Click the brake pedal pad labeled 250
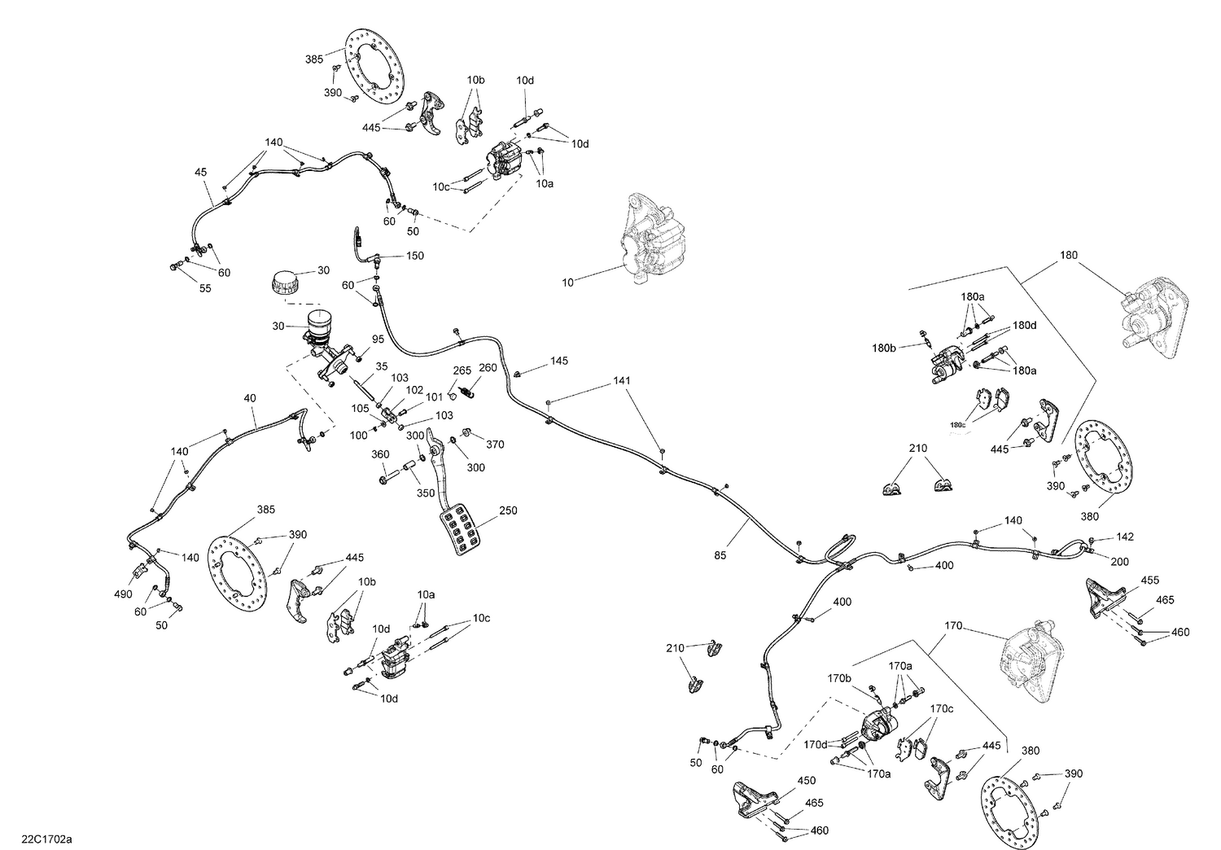(462, 530)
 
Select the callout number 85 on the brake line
(720, 556)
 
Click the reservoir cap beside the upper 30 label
(284, 283)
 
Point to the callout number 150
(414, 256)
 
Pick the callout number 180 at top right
(1068, 255)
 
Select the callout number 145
(559, 360)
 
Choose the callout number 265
(462, 370)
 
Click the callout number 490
(122, 594)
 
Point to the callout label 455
(1149, 580)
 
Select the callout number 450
(806, 781)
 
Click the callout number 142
(1124, 537)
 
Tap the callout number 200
(1121, 562)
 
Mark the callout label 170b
(840, 677)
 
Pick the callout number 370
(495, 445)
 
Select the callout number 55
(205, 288)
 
